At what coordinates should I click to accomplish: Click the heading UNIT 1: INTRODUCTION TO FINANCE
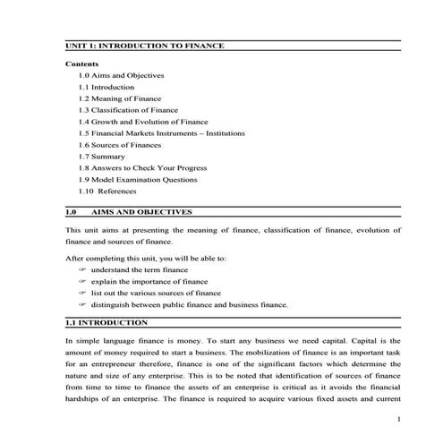click(x=144, y=47)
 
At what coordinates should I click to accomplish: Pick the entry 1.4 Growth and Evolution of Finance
click(x=142, y=122)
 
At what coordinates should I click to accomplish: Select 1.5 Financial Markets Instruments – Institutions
click(x=164, y=133)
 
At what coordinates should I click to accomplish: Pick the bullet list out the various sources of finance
click(x=156, y=293)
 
